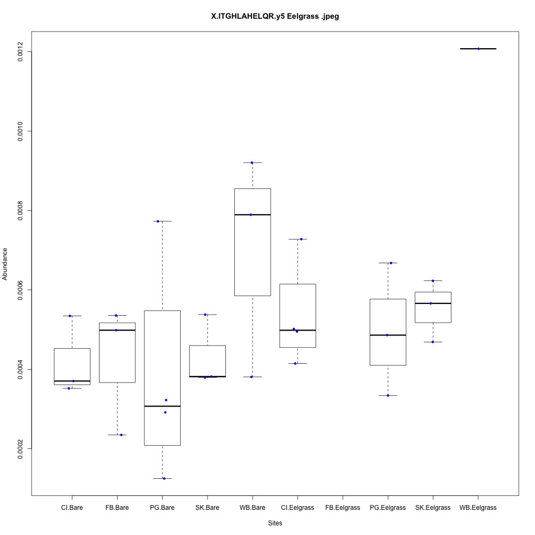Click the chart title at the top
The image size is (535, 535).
pyautogui.click(x=275, y=17)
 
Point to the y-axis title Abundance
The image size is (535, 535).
pyautogui.click(x=5, y=263)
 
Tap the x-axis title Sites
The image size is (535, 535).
pyautogui.click(x=274, y=523)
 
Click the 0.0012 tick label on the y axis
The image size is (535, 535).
pyautogui.click(x=20, y=51)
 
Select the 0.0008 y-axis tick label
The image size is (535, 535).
pyautogui.click(x=20, y=210)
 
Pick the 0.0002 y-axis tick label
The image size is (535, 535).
pyautogui.click(x=20, y=448)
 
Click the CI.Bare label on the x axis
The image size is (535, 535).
pyautogui.click(x=72, y=507)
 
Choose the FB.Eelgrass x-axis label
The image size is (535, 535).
pyautogui.click(x=342, y=507)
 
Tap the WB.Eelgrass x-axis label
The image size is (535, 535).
pyautogui.click(x=478, y=507)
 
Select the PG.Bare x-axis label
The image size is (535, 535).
pyautogui.click(x=162, y=507)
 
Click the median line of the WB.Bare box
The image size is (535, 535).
pyautogui.click(x=252, y=215)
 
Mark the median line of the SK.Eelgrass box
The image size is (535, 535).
pyautogui.click(x=433, y=303)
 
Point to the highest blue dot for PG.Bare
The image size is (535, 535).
pyautogui.click(x=158, y=221)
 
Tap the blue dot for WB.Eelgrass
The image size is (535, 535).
pyautogui.click(x=479, y=49)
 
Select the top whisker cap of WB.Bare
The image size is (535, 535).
pyautogui.click(x=252, y=162)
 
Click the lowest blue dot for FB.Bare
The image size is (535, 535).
pyautogui.click(x=121, y=435)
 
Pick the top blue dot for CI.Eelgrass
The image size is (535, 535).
pyautogui.click(x=302, y=239)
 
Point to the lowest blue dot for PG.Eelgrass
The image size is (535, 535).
pyautogui.click(x=388, y=395)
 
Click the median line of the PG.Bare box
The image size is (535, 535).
pyautogui.click(x=162, y=407)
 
